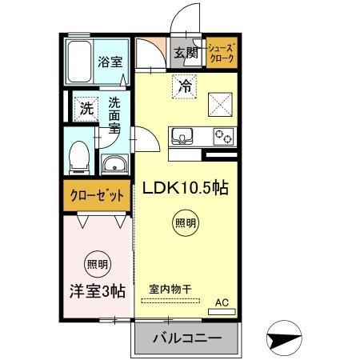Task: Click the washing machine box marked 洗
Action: coord(84,109)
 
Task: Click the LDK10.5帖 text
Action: coord(186,188)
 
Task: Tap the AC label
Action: coord(223,303)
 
